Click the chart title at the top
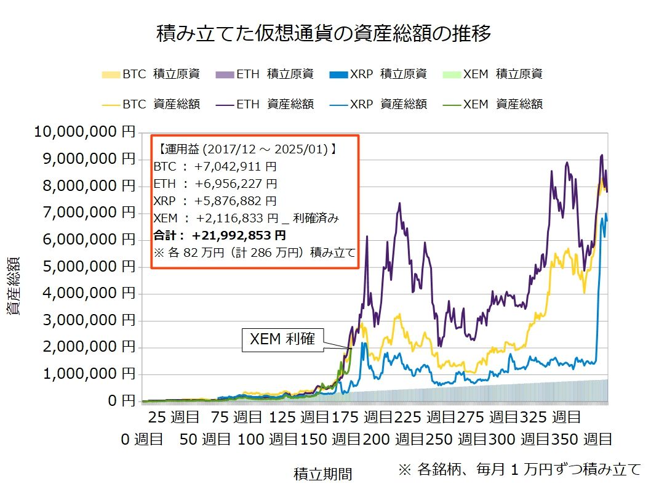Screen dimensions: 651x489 point(324,33)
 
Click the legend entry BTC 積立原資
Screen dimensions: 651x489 point(151,75)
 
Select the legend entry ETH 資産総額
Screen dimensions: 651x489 point(265,104)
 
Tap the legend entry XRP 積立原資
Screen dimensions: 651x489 point(378,75)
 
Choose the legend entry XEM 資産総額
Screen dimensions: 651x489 point(492,104)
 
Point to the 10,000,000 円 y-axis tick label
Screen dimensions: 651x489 point(85,132)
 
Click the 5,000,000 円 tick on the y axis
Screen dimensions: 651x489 point(89,266)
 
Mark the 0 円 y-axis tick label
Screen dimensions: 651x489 point(122,400)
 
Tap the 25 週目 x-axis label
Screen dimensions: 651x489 point(174,417)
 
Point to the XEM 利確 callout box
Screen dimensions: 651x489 point(283,340)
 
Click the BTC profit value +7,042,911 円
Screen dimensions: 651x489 point(236,167)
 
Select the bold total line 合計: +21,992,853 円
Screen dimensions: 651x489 point(220,235)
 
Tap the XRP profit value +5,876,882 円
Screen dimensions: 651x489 point(236,201)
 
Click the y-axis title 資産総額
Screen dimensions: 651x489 point(14,286)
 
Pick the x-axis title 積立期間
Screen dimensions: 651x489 point(323,474)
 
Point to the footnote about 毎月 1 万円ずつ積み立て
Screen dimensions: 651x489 point(520,469)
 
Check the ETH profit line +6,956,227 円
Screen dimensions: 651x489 point(215,184)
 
